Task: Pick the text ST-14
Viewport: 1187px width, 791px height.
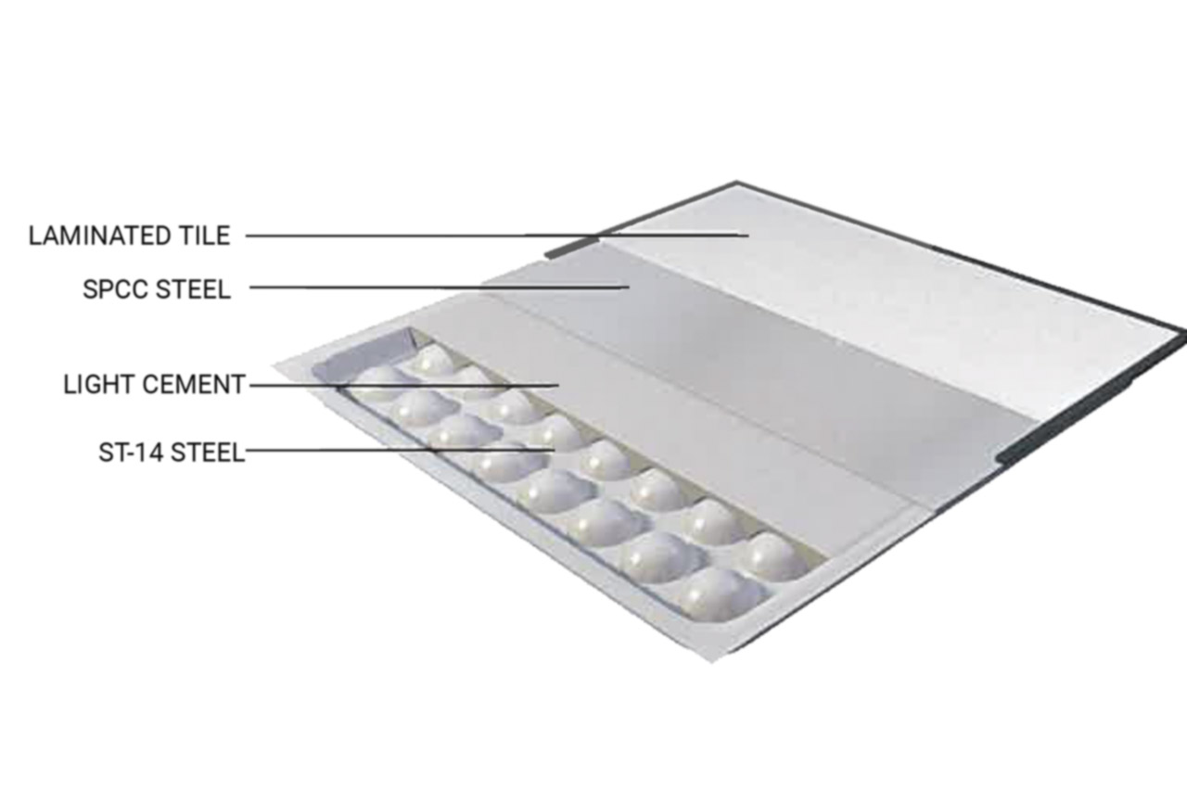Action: pyautogui.click(x=131, y=453)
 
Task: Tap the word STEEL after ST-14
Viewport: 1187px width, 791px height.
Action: pyautogui.click(x=209, y=453)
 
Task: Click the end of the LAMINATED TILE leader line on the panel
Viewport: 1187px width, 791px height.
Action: pyautogui.click(x=748, y=235)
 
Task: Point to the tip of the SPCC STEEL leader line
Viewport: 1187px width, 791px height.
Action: pyautogui.click(x=629, y=287)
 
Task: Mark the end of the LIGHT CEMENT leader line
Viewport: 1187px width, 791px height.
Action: pyautogui.click(x=558, y=385)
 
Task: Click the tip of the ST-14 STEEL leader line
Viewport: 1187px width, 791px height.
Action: pyautogui.click(x=555, y=450)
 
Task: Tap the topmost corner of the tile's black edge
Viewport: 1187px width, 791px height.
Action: pyautogui.click(x=736, y=182)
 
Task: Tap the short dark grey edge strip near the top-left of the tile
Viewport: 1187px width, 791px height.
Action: pyautogui.click(x=573, y=248)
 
